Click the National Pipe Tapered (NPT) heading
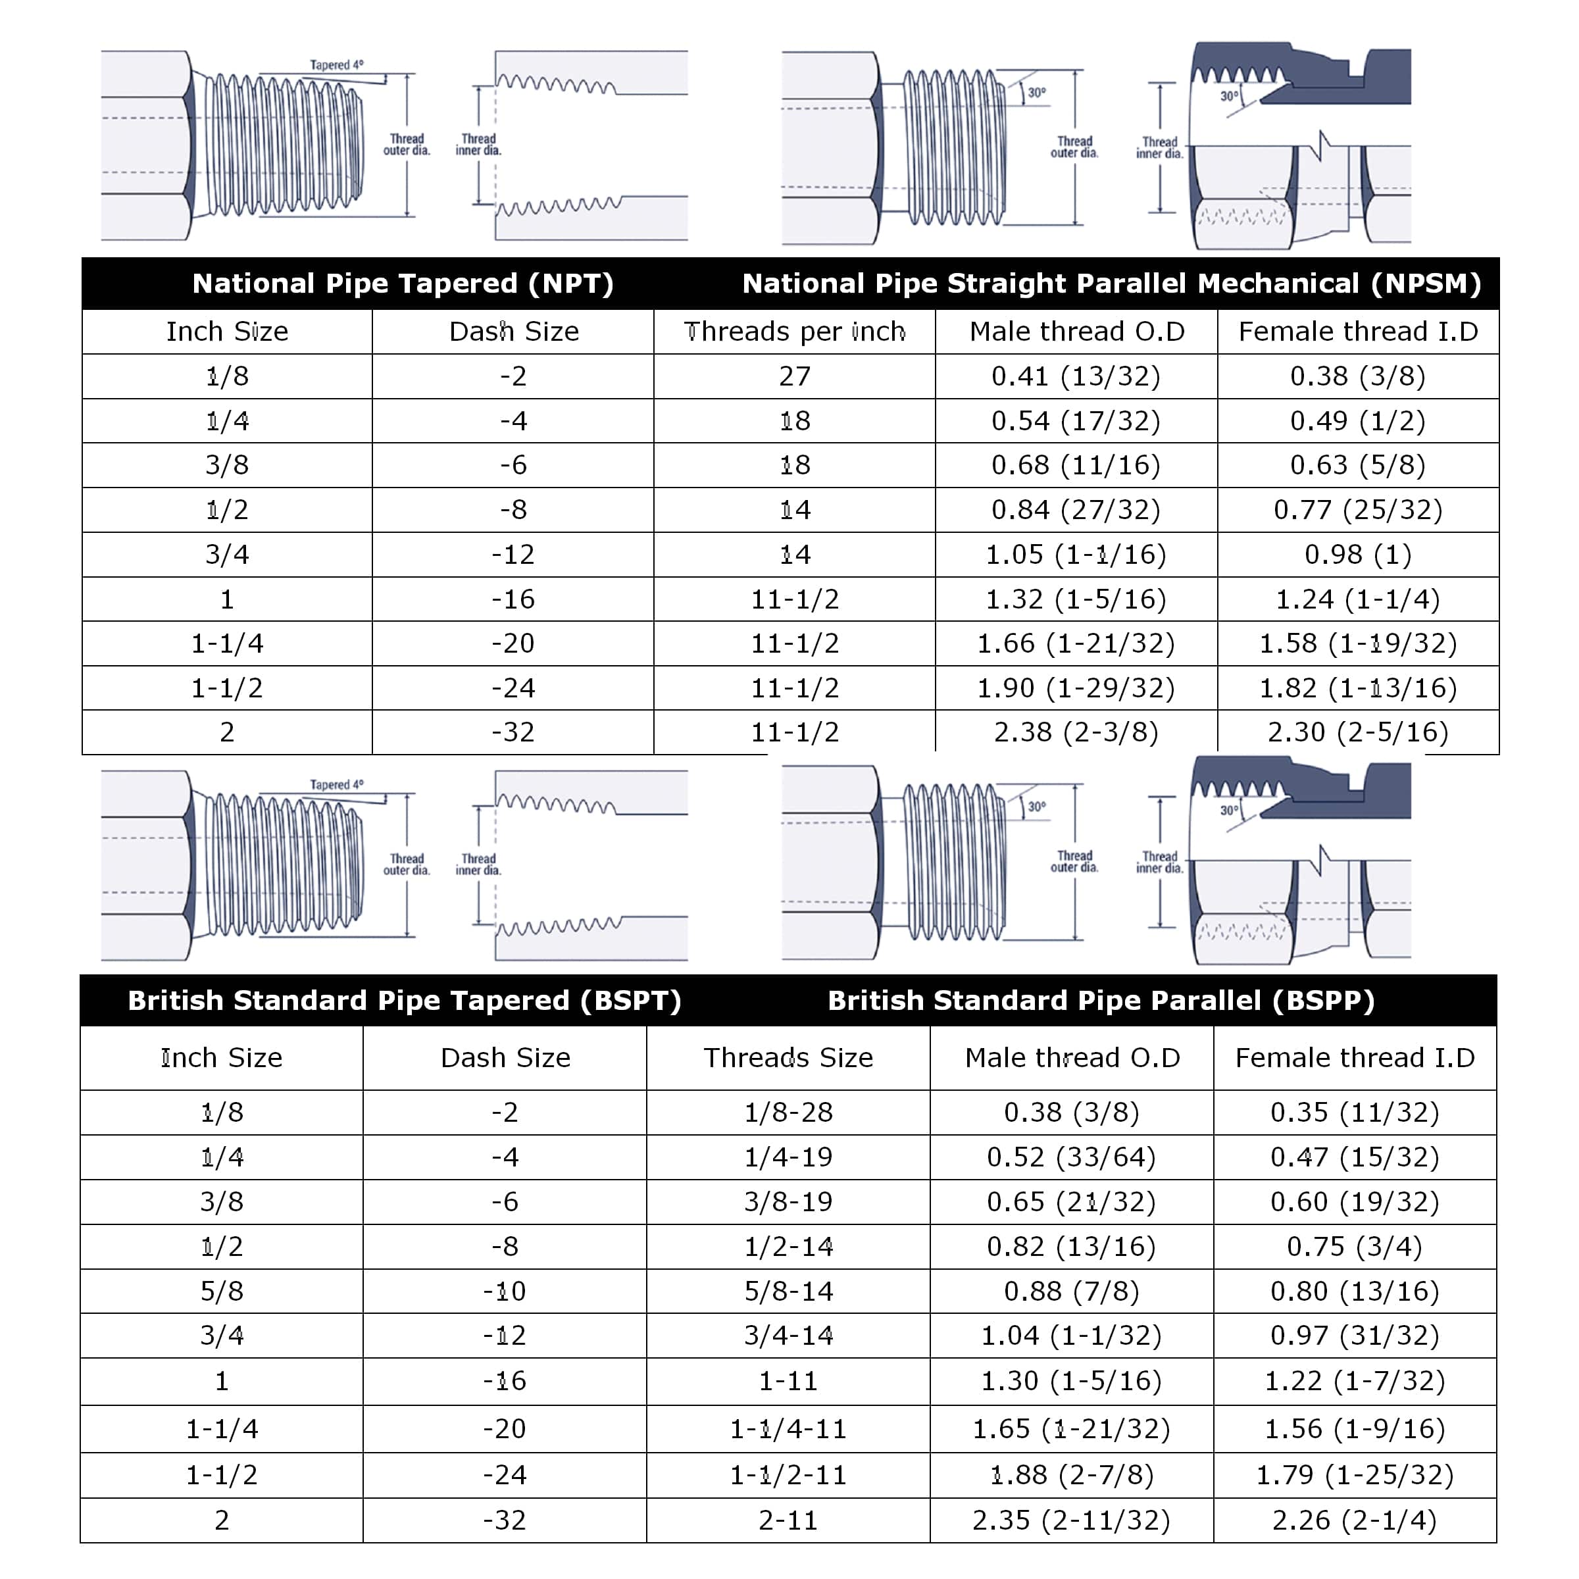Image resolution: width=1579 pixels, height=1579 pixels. point(402,284)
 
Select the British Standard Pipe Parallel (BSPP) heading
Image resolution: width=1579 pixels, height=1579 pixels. point(1101,1000)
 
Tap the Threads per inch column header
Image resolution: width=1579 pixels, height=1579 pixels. point(794,331)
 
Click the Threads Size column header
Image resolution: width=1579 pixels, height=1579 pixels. point(788,1057)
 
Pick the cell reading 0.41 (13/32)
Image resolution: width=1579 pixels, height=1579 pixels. point(1076,376)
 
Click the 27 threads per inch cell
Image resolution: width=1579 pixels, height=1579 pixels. point(794,376)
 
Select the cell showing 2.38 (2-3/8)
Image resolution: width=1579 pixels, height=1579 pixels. point(1076,732)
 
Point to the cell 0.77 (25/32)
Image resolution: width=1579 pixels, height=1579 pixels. point(1357,509)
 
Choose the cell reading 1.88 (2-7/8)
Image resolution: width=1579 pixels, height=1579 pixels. point(1072,1474)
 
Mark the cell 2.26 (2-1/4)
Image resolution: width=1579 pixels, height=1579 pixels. point(1354,1520)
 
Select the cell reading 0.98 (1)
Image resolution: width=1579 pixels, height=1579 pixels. point(1357,554)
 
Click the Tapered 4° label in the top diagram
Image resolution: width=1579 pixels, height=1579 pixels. point(337,64)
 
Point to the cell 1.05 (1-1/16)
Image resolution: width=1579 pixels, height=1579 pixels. point(1076,554)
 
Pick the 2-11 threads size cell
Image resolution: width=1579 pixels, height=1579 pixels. point(788,1520)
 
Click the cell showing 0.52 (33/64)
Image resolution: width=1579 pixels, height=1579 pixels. point(1072,1157)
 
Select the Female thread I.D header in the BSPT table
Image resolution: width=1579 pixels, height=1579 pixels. point(1354,1057)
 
